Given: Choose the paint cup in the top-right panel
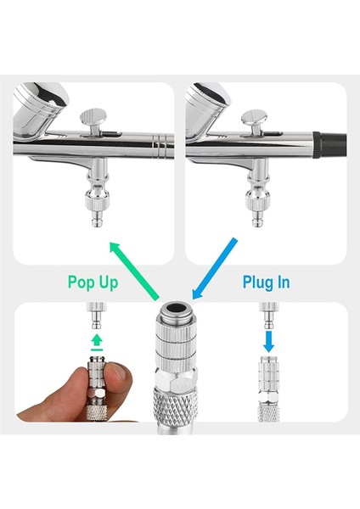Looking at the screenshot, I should (208, 102).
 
